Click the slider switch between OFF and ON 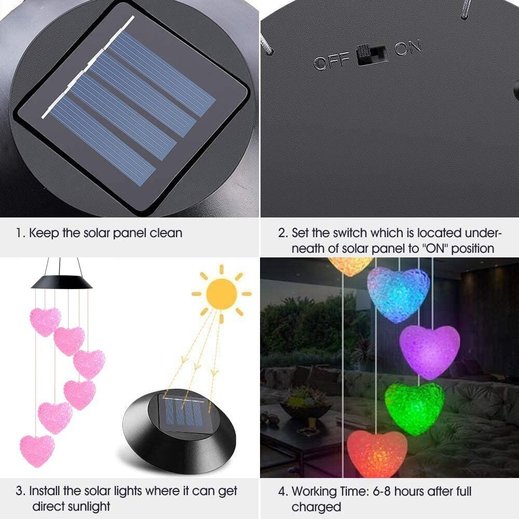pos(372,54)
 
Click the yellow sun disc pos(222,294)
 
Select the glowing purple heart pos(430,351)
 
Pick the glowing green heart pos(414,408)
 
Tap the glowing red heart pos(377,453)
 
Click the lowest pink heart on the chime pos(37,451)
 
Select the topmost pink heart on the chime pos(45,321)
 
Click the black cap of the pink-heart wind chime pos(62,282)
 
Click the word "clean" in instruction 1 pos(166,233)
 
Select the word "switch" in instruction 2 pos(351,233)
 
